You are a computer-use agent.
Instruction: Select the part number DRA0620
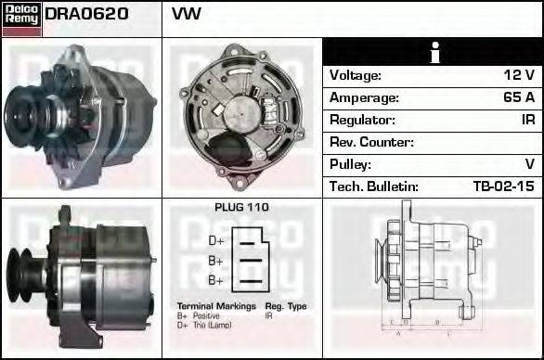click(x=86, y=15)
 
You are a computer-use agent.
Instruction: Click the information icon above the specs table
click(x=433, y=52)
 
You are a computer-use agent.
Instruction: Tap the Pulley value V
click(x=529, y=165)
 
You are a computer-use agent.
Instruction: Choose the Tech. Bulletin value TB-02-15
click(x=503, y=187)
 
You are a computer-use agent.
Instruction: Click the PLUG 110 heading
click(x=241, y=208)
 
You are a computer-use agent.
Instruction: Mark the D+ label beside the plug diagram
click(x=214, y=240)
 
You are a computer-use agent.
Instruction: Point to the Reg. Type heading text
click(x=287, y=306)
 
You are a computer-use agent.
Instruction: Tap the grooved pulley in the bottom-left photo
click(x=23, y=275)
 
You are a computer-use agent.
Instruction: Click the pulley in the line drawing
click(x=381, y=264)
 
